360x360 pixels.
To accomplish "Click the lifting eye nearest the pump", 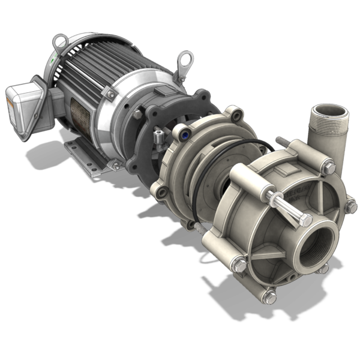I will tap(185, 61).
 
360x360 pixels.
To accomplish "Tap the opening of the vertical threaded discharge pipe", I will tap(329, 111).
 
